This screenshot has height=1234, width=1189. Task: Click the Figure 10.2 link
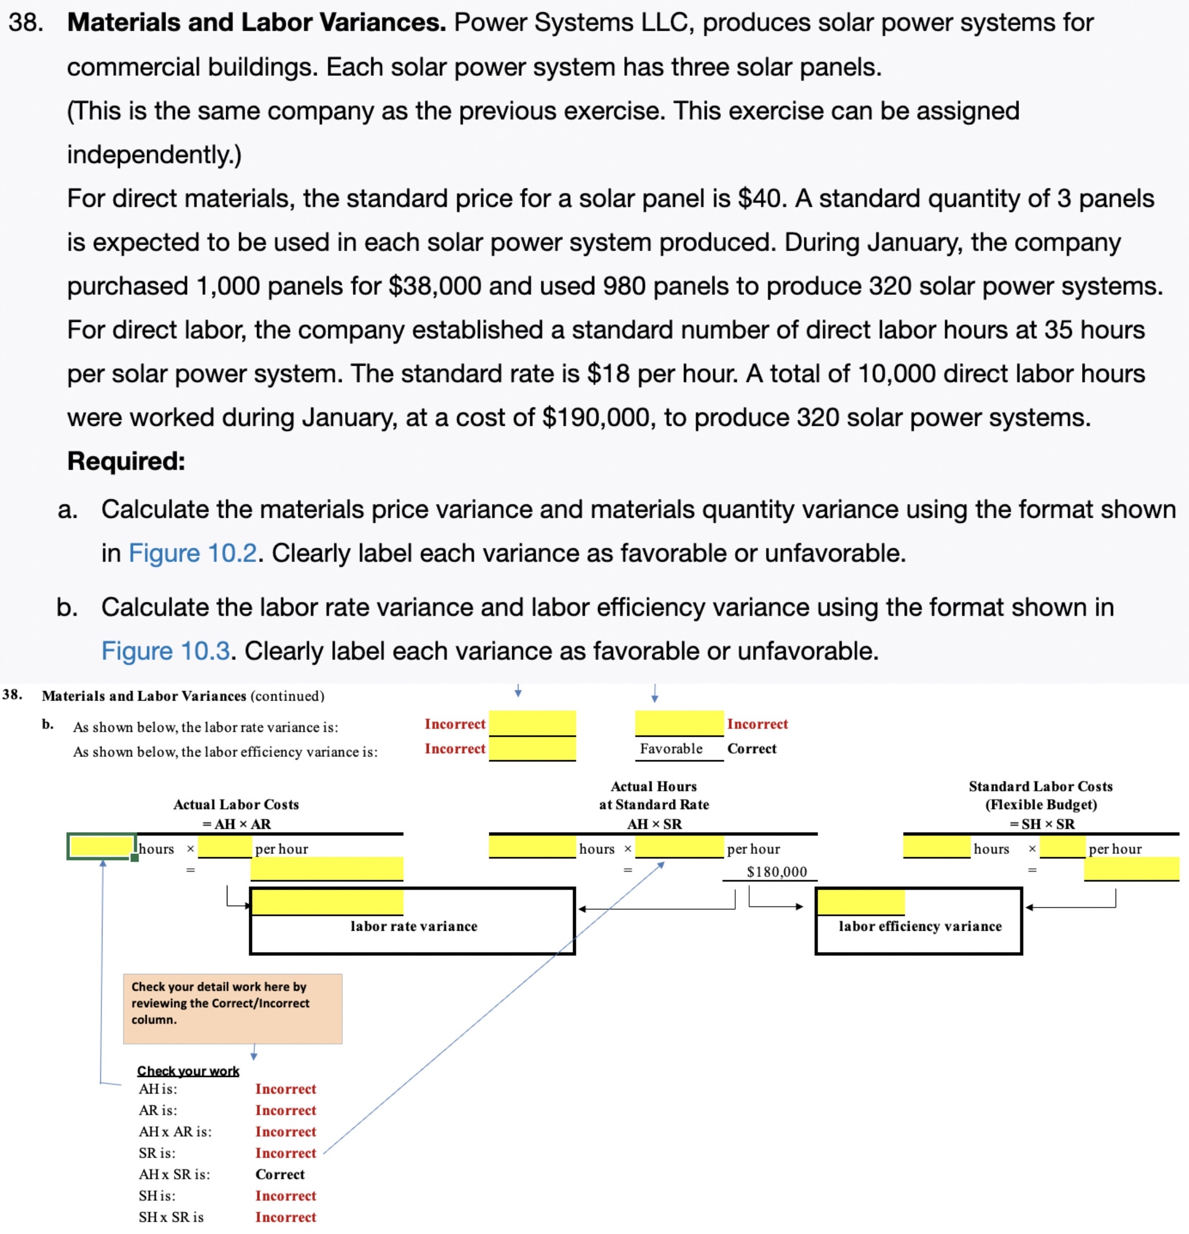[x=193, y=553]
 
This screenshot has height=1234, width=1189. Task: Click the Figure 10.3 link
[x=166, y=651]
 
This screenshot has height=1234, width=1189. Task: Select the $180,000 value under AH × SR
[x=777, y=872]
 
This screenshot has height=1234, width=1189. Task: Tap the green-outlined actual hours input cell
[x=101, y=847]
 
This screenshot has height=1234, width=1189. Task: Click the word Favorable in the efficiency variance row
[x=671, y=749]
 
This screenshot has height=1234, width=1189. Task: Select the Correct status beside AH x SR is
[x=280, y=1174]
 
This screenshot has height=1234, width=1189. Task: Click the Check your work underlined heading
[x=188, y=1071]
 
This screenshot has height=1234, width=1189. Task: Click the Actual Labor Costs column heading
[x=236, y=805]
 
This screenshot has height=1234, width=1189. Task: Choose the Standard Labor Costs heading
[x=1040, y=786]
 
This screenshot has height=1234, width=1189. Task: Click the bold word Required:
[x=126, y=461]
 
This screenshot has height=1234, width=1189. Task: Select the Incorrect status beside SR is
[x=285, y=1153]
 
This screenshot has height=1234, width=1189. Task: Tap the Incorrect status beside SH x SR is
[x=285, y=1217]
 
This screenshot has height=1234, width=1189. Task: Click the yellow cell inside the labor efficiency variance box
[x=860, y=902]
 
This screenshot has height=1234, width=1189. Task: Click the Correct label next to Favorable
[x=751, y=749]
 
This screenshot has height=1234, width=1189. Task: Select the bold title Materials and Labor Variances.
[x=256, y=23]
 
